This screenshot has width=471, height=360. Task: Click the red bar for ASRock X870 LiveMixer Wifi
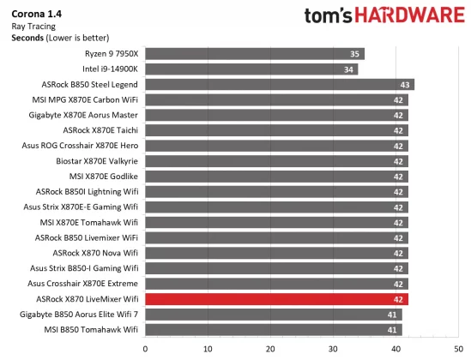276,299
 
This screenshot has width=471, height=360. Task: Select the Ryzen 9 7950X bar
255,54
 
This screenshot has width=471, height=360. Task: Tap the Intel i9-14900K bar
251,69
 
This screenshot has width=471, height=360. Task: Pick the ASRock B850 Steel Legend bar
280,85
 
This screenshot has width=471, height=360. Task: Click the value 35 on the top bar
354,54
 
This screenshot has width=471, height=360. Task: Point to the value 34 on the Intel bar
348,69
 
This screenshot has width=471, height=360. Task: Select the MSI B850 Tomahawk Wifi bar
274,329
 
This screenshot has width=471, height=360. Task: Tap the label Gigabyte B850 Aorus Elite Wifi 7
84,315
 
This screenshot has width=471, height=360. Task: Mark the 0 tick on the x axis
146,349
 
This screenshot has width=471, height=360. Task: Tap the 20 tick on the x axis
271,349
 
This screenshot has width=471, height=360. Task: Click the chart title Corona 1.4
36,14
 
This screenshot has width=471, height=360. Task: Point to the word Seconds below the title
28,37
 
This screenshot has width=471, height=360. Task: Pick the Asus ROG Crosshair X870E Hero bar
276,146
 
